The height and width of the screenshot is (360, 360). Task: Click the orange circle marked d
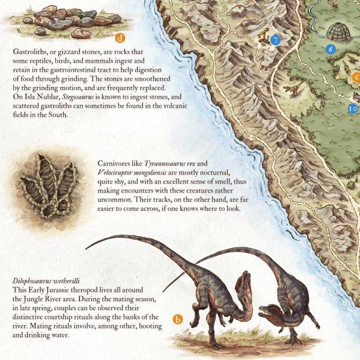coord(121,37)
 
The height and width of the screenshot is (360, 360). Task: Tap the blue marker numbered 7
coord(275,41)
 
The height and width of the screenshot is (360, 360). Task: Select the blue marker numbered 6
coord(331,48)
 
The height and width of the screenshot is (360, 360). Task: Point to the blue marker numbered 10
coord(353,108)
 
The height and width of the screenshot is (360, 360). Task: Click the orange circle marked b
coord(178,321)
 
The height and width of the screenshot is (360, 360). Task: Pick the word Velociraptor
coord(117,172)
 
